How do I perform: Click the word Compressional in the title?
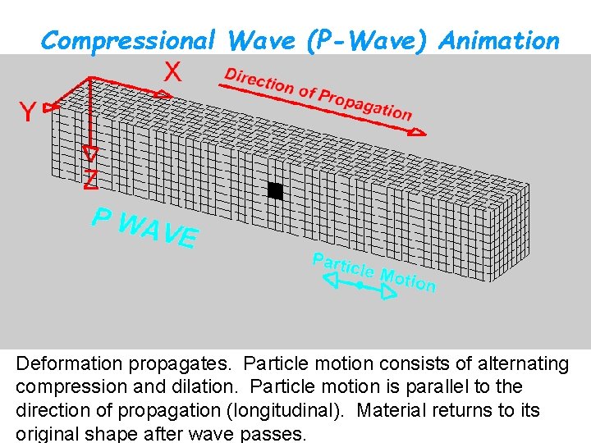[x=128, y=39]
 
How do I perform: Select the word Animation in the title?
[x=499, y=39]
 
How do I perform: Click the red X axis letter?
[x=172, y=72]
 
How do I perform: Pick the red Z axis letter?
[x=91, y=180]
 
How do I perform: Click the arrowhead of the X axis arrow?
[x=163, y=94]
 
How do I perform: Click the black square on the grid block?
[x=275, y=190]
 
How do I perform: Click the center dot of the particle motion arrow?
[x=360, y=285]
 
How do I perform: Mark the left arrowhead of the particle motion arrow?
[x=331, y=281]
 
